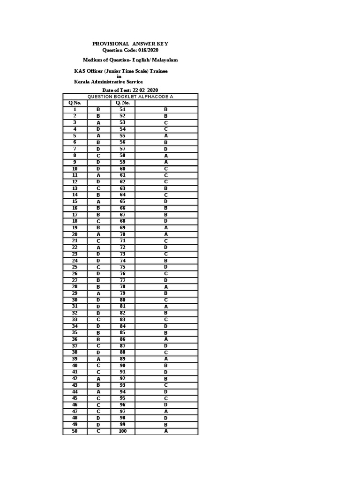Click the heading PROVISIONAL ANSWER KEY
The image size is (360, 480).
coord(130,44)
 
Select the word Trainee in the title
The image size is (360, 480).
coord(157,71)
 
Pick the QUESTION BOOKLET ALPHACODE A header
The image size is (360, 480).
coord(130,97)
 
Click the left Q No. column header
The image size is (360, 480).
coord(75,103)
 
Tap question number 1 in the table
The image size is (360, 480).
coord(75,109)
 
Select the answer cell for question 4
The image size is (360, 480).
coord(98,129)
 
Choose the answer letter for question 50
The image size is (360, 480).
coord(98,431)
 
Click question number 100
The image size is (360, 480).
coord(123,431)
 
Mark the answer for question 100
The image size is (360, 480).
coord(166,431)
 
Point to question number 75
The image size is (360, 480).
coord(123,267)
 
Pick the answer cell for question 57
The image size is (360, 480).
coord(166,149)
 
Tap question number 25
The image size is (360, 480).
coord(75,267)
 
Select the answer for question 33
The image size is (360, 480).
coord(98,320)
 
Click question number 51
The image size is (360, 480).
coord(123,109)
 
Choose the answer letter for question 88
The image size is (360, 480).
coord(166,352)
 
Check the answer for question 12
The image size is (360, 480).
coord(98,181)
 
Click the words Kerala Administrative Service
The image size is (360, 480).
coord(108,82)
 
